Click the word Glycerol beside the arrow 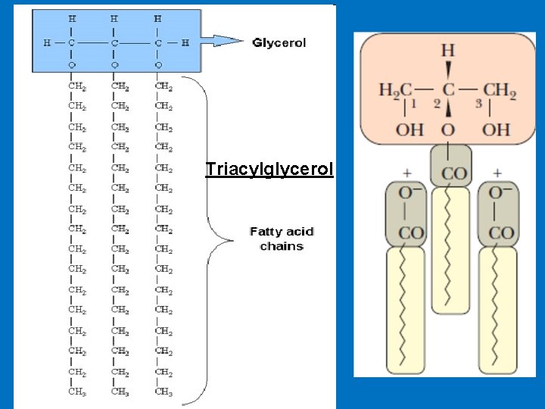tap(279, 42)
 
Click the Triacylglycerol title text tap(269, 169)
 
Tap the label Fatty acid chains tap(282, 239)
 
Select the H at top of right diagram tap(448, 51)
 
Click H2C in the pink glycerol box tap(395, 92)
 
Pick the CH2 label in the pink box tap(500, 92)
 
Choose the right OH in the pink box tap(497, 130)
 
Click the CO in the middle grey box tap(453, 173)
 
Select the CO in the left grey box tap(410, 233)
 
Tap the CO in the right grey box tap(501, 233)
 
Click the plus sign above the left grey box tap(406, 173)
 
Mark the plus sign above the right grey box tap(497, 173)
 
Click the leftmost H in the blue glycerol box tap(48, 42)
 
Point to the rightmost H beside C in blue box tap(185, 42)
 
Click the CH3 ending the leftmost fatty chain tap(77, 392)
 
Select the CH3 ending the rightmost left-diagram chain tap(163, 392)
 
